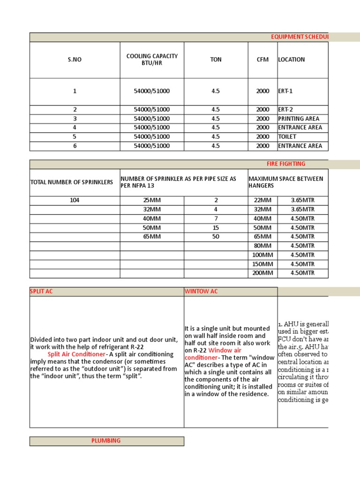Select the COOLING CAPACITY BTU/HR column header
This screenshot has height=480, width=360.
click(x=152, y=60)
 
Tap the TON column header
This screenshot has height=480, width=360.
click(x=215, y=60)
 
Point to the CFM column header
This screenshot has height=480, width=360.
click(x=262, y=60)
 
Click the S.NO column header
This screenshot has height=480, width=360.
click(x=75, y=60)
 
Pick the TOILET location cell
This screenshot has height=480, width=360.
click(x=287, y=137)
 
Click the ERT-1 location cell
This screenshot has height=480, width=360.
click(x=285, y=91)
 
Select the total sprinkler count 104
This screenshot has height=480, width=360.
click(x=75, y=200)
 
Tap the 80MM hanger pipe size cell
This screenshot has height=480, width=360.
click(x=262, y=246)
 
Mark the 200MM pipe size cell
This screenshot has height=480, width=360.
click(x=262, y=273)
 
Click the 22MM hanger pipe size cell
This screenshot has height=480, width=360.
click(x=262, y=200)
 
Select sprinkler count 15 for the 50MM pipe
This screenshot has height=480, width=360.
click(x=216, y=227)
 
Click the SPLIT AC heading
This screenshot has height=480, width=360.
click(x=42, y=292)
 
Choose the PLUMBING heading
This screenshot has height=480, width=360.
click(x=106, y=441)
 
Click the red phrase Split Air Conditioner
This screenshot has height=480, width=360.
click(x=76, y=354)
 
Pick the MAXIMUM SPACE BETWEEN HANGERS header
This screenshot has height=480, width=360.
click(x=285, y=182)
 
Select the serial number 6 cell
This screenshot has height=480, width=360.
click(x=75, y=146)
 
